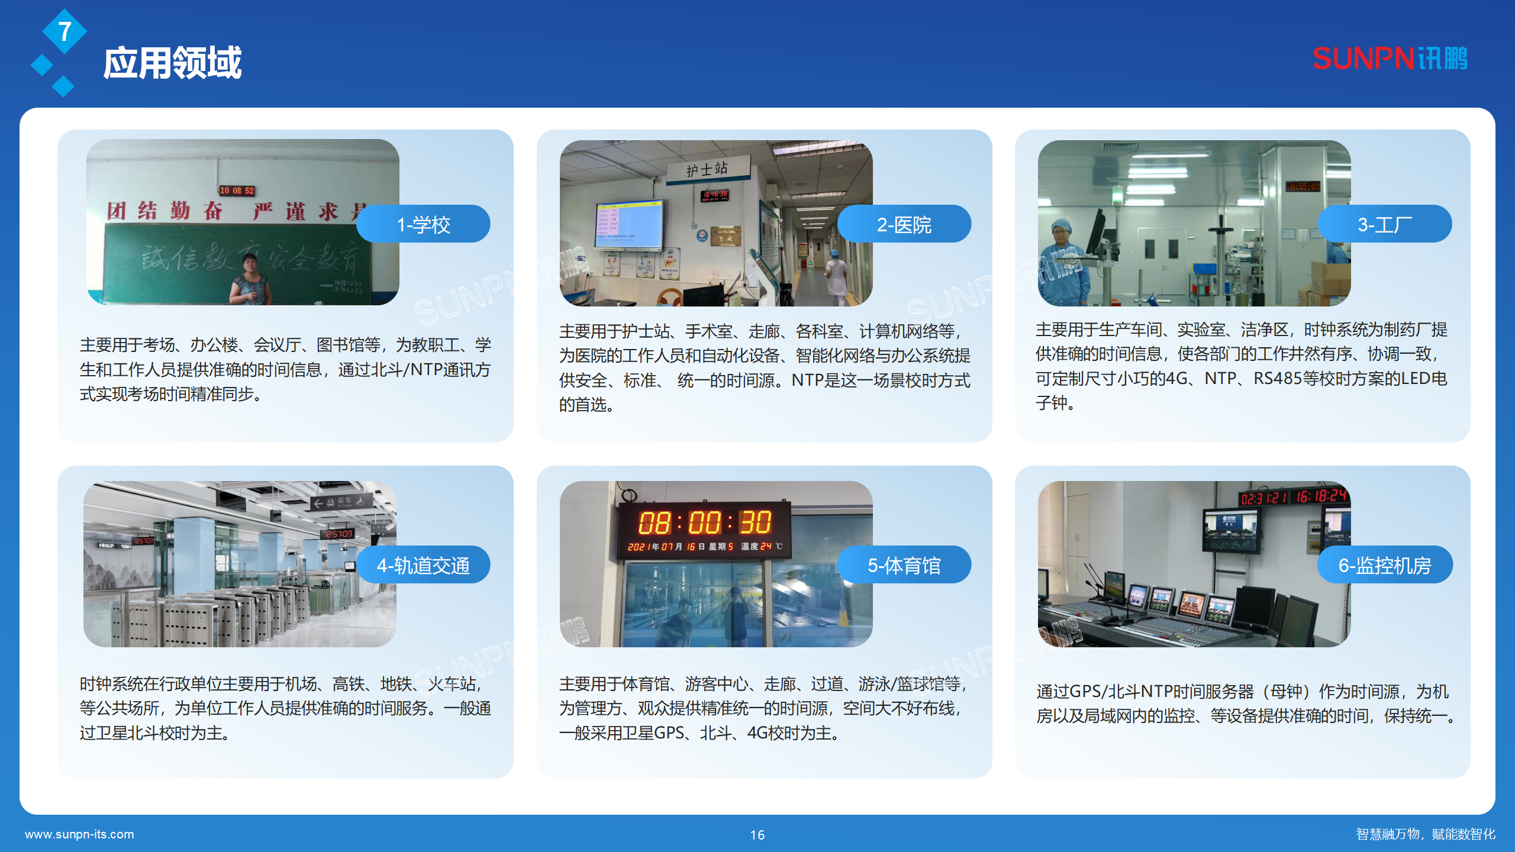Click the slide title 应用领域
[x=172, y=63]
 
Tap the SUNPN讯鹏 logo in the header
[x=1390, y=59]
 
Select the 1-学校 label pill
[x=423, y=224]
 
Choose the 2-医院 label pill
[x=904, y=224]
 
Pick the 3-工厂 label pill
[x=1384, y=224]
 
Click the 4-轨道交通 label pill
[x=423, y=565]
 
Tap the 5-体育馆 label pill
[x=904, y=565]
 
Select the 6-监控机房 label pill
[x=1384, y=565]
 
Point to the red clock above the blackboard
[x=237, y=191]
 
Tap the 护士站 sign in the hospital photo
[x=707, y=170]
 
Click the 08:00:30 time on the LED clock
[x=704, y=523]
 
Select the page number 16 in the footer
[x=757, y=835]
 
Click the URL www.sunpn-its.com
[x=79, y=834]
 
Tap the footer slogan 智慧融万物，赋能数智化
[x=1426, y=834]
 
